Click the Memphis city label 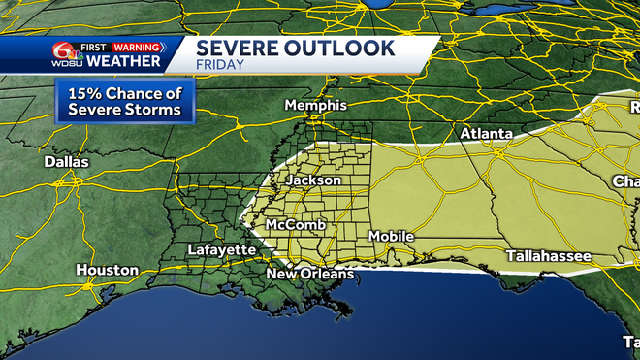pyautogui.click(x=315, y=105)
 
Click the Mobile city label pyautogui.click(x=391, y=237)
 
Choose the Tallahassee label pyautogui.click(x=548, y=255)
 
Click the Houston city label pyautogui.click(x=101, y=270)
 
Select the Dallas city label pyautogui.click(x=66, y=162)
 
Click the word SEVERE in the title pyautogui.click(x=240, y=48)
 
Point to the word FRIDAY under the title pyautogui.click(x=219, y=65)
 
